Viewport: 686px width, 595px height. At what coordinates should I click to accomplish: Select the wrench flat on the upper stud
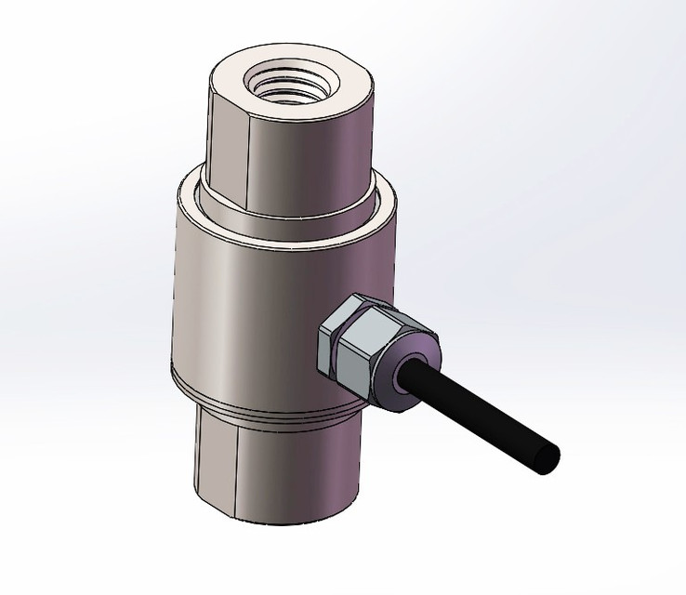(x=227, y=149)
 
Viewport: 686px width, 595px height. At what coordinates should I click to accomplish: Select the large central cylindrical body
(x=251, y=297)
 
